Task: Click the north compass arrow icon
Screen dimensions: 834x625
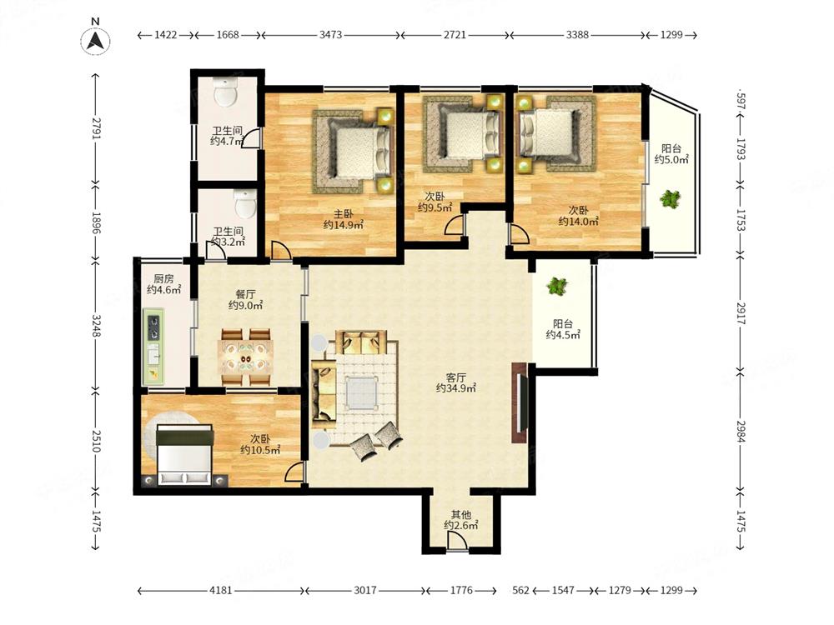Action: [x=95, y=40]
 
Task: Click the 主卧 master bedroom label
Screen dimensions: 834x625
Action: [x=343, y=214]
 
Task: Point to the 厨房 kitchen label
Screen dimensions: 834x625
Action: [x=163, y=279]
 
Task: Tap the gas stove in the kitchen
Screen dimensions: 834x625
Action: [x=153, y=327]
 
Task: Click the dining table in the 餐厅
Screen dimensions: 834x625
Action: [x=246, y=357]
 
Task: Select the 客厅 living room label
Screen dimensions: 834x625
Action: [x=456, y=377]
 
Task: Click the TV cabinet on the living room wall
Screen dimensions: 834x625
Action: [x=519, y=402]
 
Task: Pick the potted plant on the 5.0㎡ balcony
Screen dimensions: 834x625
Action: [x=671, y=199]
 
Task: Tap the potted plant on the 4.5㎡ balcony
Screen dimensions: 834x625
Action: [x=556, y=286]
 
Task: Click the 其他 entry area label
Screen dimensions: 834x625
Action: [x=461, y=514]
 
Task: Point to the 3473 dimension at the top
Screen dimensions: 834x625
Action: [x=330, y=35]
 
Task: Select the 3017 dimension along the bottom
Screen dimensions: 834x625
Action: [x=365, y=591]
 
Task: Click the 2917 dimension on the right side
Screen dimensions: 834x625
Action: [x=741, y=313]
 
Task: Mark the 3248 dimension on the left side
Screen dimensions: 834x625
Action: [x=96, y=325]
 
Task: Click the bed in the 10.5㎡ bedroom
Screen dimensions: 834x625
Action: [x=184, y=455]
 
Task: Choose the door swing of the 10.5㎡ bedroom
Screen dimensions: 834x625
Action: [x=294, y=472]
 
